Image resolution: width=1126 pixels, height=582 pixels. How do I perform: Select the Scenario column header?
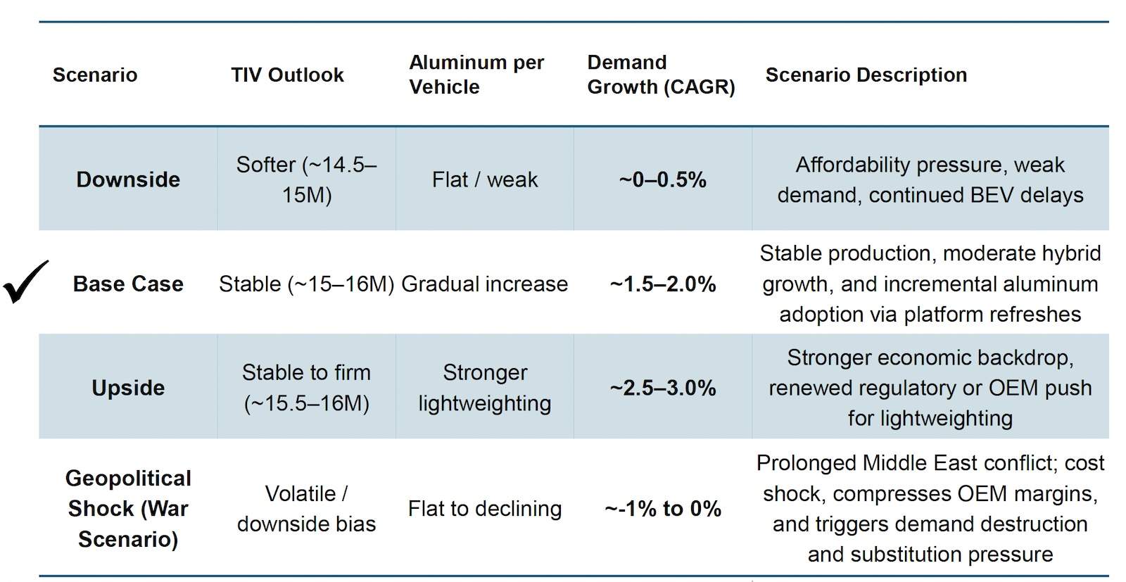(95, 75)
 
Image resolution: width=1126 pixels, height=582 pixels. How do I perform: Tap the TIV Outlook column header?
(287, 75)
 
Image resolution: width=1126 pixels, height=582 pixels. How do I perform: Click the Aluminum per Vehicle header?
(476, 75)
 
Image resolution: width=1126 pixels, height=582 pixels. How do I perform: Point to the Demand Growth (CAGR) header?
(661, 75)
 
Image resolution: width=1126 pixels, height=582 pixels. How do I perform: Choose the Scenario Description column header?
(866, 75)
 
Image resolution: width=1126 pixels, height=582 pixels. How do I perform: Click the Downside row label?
(128, 179)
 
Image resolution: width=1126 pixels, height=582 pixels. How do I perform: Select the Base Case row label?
(128, 284)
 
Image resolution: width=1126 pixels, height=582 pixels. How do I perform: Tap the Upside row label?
(128, 388)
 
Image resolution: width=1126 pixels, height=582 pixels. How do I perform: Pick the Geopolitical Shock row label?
(128, 509)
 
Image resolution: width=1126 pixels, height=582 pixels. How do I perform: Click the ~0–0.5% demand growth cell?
(662, 179)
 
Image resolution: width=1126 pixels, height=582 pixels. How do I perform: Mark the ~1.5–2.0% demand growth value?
(662, 284)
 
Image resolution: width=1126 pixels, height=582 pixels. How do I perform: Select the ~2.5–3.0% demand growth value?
(662, 388)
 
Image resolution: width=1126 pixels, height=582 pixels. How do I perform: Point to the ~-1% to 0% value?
(662, 509)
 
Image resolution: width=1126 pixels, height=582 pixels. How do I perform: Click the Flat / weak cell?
(485, 179)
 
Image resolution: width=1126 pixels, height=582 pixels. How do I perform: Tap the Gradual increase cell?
(485, 284)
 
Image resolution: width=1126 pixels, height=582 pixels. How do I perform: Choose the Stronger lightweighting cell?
(485, 388)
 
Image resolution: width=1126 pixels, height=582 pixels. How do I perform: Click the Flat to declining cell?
(485, 509)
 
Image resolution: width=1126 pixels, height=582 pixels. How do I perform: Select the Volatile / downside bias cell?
(307, 509)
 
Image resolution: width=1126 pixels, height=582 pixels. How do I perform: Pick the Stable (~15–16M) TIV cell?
(307, 284)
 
